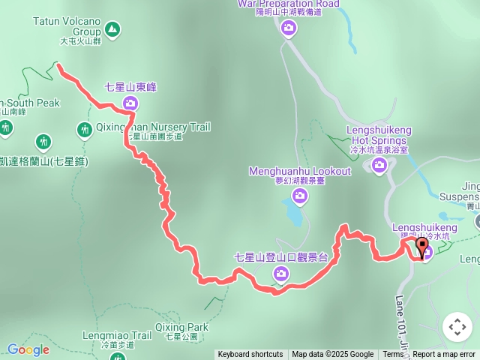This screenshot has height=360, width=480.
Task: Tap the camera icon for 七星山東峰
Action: coord(131,103)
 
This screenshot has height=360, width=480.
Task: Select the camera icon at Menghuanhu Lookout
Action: coord(300,196)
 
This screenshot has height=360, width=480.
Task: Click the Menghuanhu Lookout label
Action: coord(300,172)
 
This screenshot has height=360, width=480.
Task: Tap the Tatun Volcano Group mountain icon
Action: coord(112,29)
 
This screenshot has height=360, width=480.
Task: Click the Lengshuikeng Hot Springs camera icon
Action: coord(378,166)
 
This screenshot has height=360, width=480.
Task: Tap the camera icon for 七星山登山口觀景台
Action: coord(280,275)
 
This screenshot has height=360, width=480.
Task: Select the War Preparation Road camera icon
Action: coord(289,28)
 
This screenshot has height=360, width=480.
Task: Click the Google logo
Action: coord(28,349)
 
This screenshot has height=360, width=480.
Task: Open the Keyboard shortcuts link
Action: coord(250,355)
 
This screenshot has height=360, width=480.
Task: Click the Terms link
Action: coord(393,355)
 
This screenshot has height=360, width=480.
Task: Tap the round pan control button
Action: coord(457,327)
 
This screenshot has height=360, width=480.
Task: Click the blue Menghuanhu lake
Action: coord(295,214)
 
